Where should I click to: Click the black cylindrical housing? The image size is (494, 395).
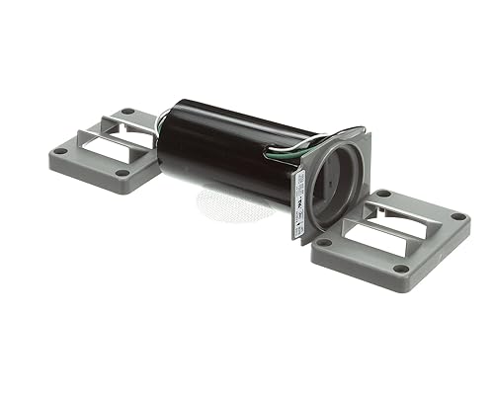[227, 148]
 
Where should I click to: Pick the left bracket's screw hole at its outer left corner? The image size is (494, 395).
[61, 151]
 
